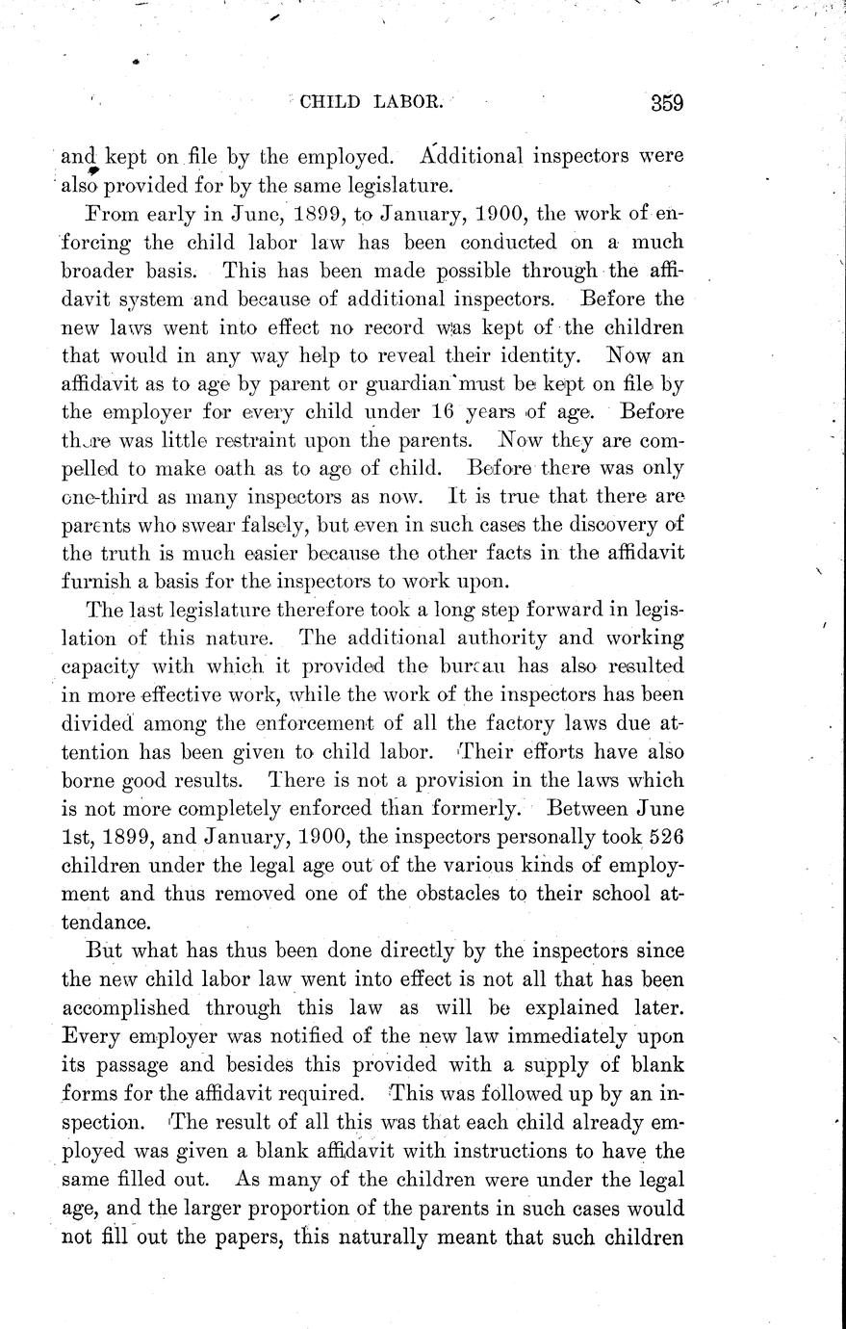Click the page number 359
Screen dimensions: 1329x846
pos(666,102)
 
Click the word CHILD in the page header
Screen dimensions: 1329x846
pos(333,102)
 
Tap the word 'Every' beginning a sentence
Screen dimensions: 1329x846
pos(90,1037)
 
